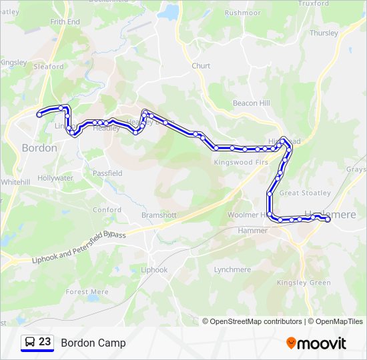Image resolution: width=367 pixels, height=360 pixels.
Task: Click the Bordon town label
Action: point(39,148)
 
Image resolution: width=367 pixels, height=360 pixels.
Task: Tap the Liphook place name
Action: point(155,270)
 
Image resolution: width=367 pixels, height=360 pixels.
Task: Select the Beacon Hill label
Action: point(251,103)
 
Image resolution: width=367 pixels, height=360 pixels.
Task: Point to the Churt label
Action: point(201,66)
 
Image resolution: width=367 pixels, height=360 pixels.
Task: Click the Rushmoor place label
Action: point(242,13)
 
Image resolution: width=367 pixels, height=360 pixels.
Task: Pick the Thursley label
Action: point(324,33)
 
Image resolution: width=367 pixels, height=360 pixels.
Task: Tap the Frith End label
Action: point(65,22)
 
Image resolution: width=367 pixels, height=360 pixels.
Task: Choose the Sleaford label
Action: point(49,67)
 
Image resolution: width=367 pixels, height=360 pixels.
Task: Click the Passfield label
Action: point(107,173)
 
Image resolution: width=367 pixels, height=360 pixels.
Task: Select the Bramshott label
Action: point(159,215)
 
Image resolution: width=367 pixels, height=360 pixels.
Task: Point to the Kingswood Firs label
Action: point(241,163)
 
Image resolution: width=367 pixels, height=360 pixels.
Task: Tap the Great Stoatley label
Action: point(305,193)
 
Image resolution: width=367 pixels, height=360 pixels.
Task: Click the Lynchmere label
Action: point(232,270)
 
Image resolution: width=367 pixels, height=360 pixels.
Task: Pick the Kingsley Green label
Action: point(304,283)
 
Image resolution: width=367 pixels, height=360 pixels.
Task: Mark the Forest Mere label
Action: point(87,292)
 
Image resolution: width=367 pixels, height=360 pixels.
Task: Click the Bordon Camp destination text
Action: point(93,343)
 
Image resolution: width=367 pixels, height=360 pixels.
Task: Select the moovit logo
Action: point(316,343)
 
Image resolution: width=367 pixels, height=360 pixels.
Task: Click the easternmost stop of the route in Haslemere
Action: point(328,219)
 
